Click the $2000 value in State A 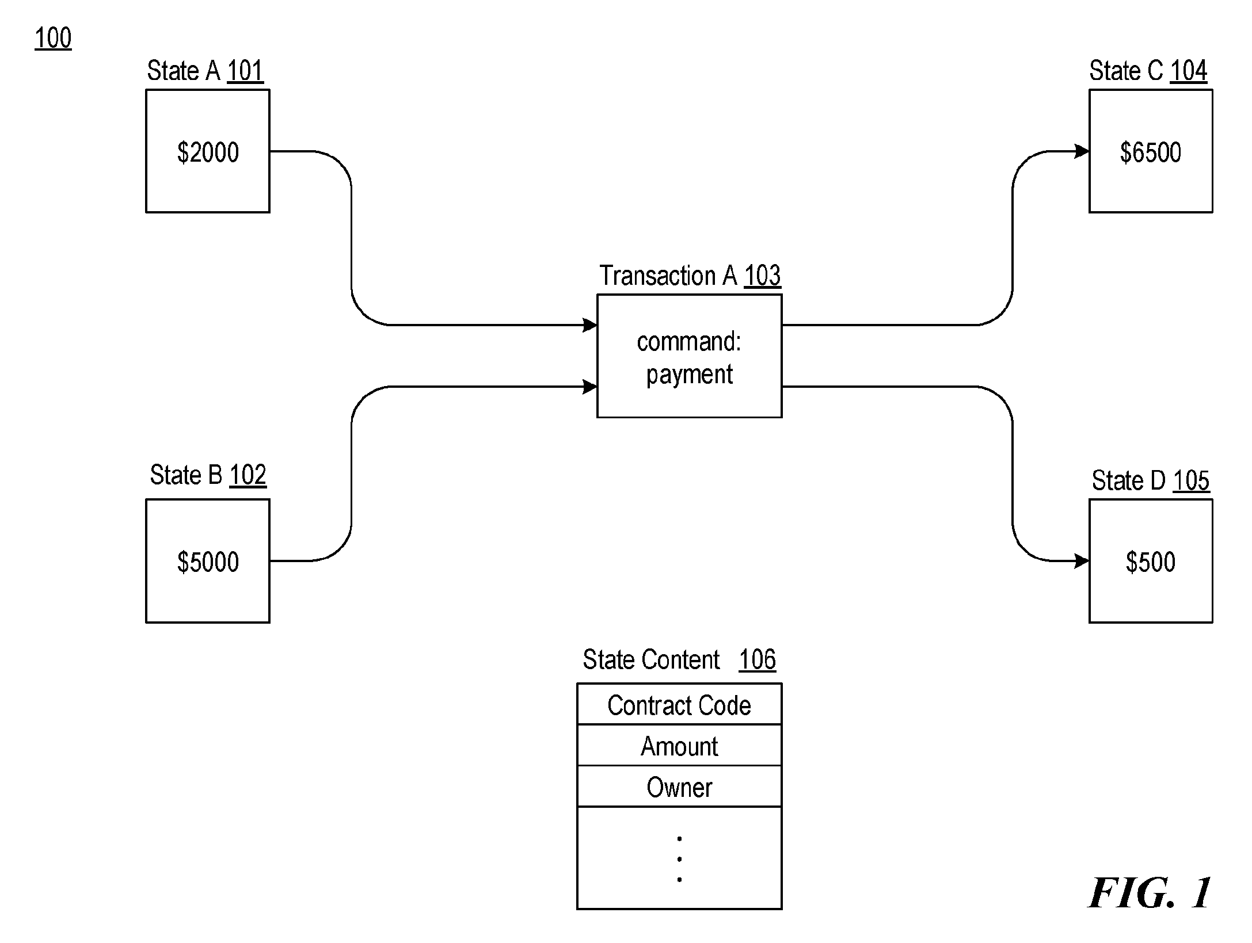coord(208,152)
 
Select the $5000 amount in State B coord(208,562)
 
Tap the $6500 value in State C coord(1151,152)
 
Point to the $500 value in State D coord(1151,562)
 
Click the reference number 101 coord(245,71)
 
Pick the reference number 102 coord(248,475)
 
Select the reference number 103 coord(763,276)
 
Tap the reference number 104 coord(1189,71)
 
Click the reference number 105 coord(1191,480)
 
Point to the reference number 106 coord(758,659)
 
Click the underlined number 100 coord(53,38)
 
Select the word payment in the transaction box coord(690,375)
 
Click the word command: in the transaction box coord(689,342)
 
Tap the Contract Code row coord(679,704)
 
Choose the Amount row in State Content coord(679,745)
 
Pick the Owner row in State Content coord(679,787)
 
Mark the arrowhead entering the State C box coord(1082,151)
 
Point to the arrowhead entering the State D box coord(1082,561)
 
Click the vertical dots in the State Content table coord(680,859)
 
